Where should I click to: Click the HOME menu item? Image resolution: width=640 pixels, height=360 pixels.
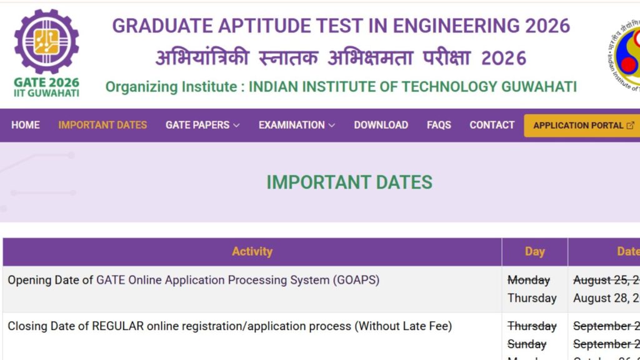click(x=26, y=125)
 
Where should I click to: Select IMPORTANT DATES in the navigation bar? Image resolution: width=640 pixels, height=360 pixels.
click(x=102, y=125)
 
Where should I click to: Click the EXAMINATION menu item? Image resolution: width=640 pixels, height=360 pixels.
click(x=297, y=125)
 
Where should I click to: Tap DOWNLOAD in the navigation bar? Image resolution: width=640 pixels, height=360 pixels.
click(x=381, y=125)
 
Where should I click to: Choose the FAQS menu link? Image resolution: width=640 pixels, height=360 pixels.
click(x=439, y=125)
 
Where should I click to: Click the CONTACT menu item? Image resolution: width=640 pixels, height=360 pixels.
click(x=492, y=125)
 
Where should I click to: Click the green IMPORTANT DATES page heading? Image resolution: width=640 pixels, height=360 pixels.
click(x=349, y=182)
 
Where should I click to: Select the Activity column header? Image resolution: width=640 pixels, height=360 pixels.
click(x=252, y=251)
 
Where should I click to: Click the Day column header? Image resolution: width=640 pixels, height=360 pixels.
click(x=534, y=251)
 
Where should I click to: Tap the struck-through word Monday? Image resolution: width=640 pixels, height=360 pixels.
click(x=529, y=280)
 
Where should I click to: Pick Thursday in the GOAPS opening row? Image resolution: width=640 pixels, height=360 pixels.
click(x=532, y=298)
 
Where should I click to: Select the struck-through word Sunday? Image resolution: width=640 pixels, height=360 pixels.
click(x=527, y=344)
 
